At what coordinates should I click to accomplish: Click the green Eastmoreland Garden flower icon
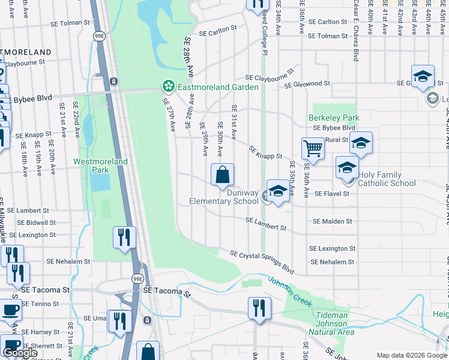[x=168, y=87]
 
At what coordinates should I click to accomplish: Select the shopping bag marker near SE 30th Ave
[x=222, y=175]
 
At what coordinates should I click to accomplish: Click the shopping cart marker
[x=313, y=148]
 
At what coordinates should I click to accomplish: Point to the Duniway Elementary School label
[x=224, y=197]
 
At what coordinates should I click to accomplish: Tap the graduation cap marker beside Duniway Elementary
[x=277, y=191]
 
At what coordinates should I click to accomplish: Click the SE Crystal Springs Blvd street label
[x=263, y=262]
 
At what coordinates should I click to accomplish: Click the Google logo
[x=20, y=353]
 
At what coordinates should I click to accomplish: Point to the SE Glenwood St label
[x=307, y=84]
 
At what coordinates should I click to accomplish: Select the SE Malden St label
[x=332, y=221]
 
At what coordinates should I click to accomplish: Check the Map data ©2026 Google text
[x=412, y=355]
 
